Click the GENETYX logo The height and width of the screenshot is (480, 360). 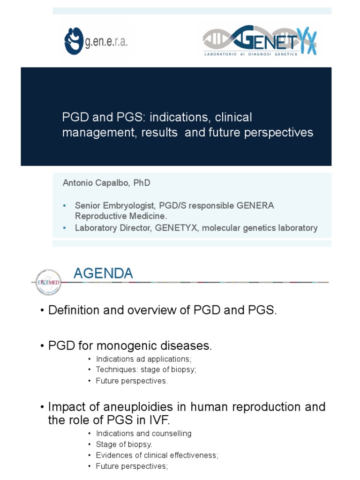260,41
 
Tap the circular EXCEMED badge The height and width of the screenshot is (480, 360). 48,282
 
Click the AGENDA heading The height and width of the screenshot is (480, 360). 103,273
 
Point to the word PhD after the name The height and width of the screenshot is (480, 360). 142,183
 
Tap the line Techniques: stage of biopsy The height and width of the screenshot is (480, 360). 146,369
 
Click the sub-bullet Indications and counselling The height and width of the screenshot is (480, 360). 143,434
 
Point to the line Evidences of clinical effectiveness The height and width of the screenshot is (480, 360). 157,455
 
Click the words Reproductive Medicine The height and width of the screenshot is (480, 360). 121,216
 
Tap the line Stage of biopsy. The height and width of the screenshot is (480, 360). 124,444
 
